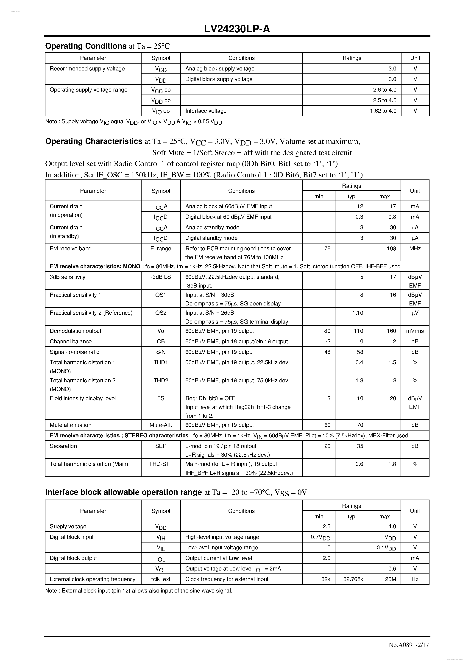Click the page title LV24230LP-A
[237, 29]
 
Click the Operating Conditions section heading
[86, 46]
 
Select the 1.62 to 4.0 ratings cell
[383, 111]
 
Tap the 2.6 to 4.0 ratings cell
[385, 90]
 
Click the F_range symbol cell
[161, 248]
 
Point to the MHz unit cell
[415, 248]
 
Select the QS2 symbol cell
[161, 313]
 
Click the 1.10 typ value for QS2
[357, 313]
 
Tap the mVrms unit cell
[415, 331]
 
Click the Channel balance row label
[70, 341]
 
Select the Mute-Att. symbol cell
[161, 425]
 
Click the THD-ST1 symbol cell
[161, 464]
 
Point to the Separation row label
[63, 446]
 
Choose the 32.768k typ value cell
[353, 579]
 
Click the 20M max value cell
[390, 579]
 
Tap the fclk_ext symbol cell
[161, 579]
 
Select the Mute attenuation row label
[70, 425]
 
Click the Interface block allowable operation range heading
[123, 492]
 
